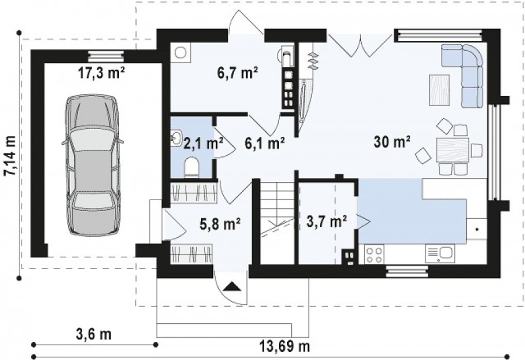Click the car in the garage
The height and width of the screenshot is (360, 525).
93,166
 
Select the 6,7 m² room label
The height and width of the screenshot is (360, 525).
237,72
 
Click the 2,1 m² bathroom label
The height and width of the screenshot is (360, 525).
203,144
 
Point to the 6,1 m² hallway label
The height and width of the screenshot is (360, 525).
265,144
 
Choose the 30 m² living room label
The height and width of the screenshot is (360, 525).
392,142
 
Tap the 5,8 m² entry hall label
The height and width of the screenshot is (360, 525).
220,224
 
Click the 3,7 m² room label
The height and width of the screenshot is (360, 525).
326,221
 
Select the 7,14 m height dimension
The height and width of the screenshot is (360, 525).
10,156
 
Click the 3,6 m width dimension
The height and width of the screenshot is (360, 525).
94,334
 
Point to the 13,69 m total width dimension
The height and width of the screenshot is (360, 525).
285,346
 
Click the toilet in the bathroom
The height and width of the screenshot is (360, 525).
192,166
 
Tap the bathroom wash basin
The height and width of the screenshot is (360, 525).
176,139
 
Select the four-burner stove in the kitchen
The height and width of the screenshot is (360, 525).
374,254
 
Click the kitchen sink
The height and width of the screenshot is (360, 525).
441,253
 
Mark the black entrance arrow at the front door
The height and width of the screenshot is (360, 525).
232,287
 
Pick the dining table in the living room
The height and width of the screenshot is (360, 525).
452,151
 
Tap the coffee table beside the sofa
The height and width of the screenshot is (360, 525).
440,90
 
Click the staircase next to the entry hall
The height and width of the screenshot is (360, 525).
277,223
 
